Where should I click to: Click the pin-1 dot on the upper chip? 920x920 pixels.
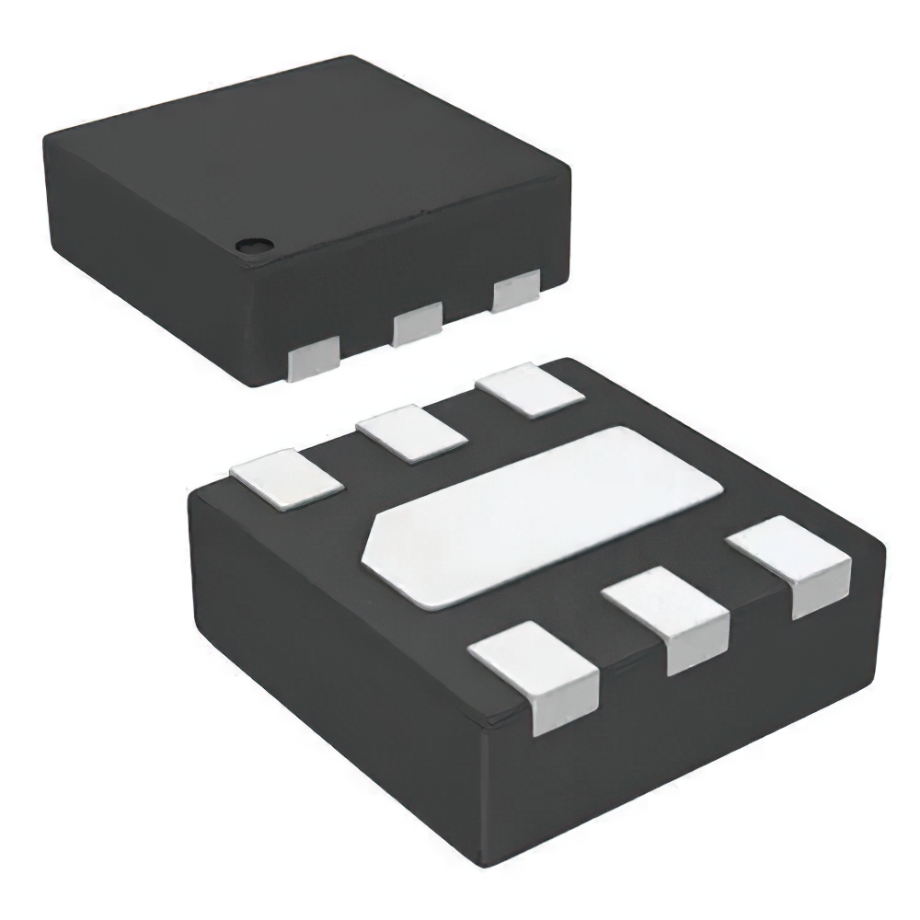pyautogui.click(x=251, y=245)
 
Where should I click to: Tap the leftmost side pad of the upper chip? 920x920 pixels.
pyautogui.click(x=313, y=359)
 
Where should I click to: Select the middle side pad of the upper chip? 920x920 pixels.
pyautogui.click(x=418, y=327)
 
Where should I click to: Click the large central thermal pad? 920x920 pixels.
pyautogui.click(x=543, y=515)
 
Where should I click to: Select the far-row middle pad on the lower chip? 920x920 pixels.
pyautogui.click(x=411, y=432)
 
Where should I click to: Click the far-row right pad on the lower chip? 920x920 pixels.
pyautogui.click(x=530, y=389)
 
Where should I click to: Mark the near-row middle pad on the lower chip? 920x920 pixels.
pyautogui.click(x=667, y=616)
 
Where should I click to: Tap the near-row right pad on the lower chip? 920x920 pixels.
pyautogui.click(x=791, y=563)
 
